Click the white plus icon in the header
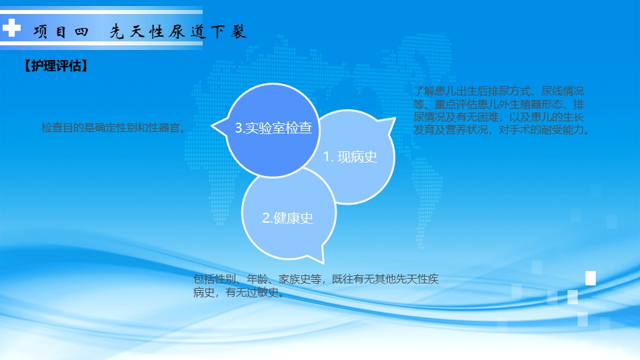tap(11, 28)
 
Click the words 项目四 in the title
tap(61, 31)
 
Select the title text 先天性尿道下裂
tap(178, 31)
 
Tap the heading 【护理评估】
tap(56, 66)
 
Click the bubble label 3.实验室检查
tap(273, 128)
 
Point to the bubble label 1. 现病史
tap(350, 157)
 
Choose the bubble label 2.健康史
tap(288, 218)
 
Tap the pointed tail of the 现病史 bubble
tap(394, 119)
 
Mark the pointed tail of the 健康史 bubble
tap(323, 262)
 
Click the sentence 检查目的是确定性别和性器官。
tap(115, 128)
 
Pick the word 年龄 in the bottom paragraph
tap(257, 279)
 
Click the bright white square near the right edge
tap(590, 278)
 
